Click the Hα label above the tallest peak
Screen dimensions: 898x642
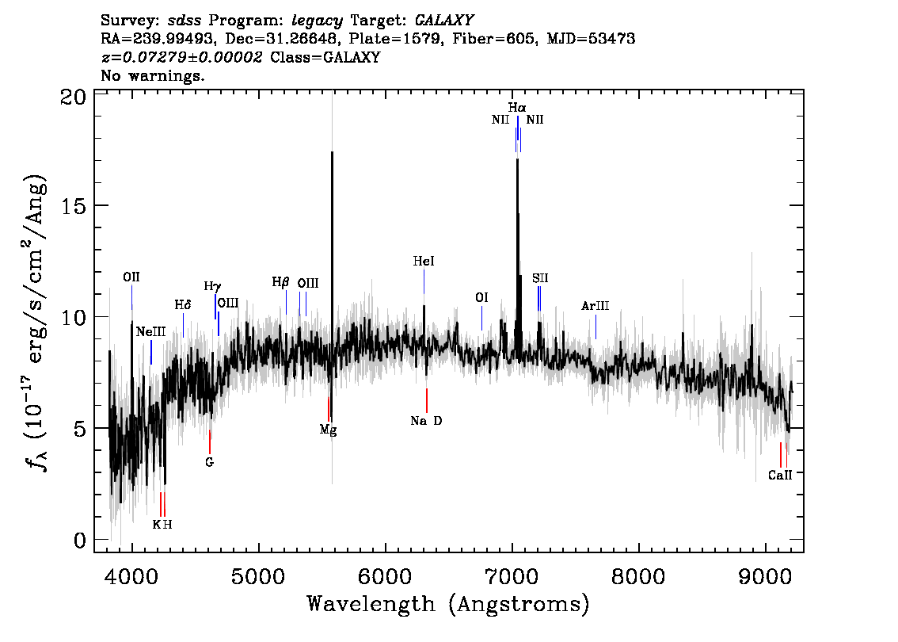click(516, 107)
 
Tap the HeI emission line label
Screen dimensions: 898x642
click(424, 262)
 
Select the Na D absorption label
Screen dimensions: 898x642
click(426, 421)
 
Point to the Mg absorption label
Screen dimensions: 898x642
click(328, 430)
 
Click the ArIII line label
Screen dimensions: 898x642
click(595, 306)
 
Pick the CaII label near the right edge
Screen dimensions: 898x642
click(780, 475)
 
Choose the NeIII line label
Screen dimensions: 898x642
click(150, 332)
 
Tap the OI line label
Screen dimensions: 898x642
click(481, 297)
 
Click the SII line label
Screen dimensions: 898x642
click(540, 278)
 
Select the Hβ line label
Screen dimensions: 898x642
click(280, 282)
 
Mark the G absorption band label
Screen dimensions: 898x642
click(210, 462)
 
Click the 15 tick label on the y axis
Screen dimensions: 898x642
click(74, 205)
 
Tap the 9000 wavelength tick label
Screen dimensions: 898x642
click(765, 575)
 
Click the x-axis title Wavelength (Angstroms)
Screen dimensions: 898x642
click(448, 604)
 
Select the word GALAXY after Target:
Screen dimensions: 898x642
click(443, 21)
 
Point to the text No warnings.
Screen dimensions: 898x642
click(152, 75)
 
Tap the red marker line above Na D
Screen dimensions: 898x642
click(427, 400)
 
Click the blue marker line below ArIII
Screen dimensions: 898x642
click(595, 327)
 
